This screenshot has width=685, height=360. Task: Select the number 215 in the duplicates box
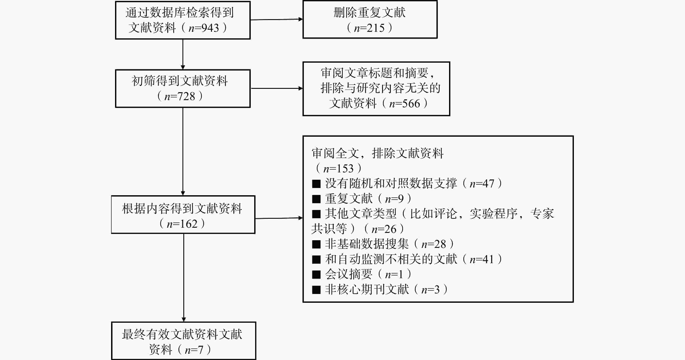tap(376, 28)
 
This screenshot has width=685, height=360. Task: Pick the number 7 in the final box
tap(200, 349)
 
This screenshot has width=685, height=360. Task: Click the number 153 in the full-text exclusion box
tap(345, 168)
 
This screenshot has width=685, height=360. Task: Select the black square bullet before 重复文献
tap(316, 199)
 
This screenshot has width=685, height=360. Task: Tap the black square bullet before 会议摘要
tap(316, 274)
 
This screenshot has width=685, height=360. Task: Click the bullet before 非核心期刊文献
tap(316, 289)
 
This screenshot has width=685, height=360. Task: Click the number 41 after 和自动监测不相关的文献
tap(488, 259)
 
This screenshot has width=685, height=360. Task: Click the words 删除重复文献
tap(370, 12)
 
